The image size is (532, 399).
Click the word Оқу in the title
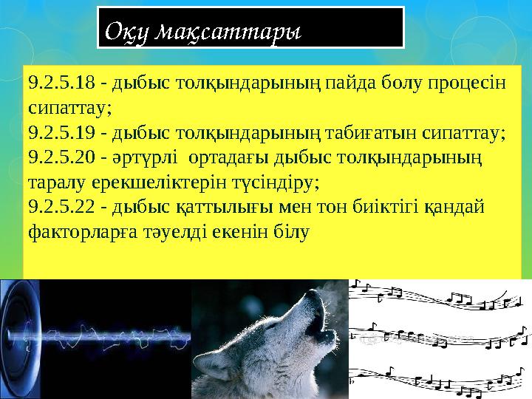128,33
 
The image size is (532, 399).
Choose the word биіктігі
383,208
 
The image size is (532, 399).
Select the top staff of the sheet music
440,296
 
